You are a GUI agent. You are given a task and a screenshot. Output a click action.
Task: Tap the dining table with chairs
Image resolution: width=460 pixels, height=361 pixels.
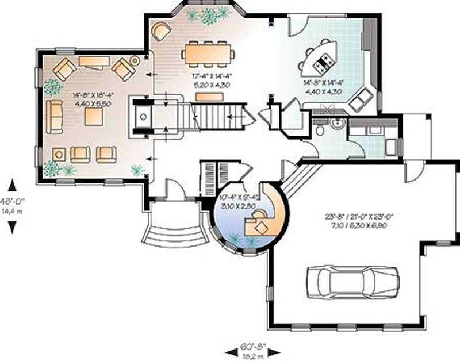click(x=208, y=53)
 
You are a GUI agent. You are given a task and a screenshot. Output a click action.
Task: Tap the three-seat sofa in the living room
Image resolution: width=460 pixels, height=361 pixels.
click(x=55, y=116)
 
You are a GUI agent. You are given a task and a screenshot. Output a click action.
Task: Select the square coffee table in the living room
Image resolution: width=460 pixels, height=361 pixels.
click(x=93, y=117)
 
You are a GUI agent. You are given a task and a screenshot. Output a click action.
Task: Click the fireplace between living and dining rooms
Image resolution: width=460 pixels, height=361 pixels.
click(x=141, y=118)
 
